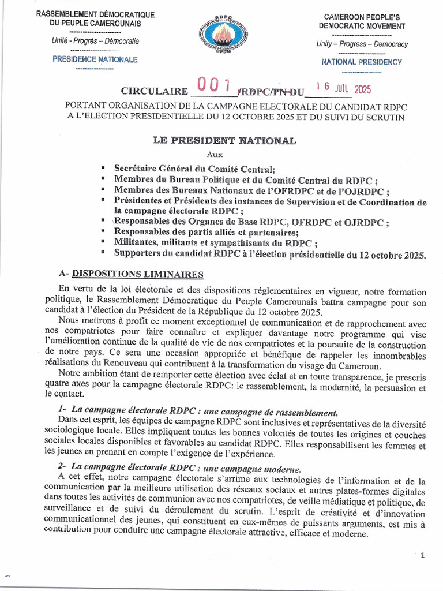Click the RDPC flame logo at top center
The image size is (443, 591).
click(222, 34)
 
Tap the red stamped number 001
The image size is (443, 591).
click(213, 86)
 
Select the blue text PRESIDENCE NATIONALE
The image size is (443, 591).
click(95, 59)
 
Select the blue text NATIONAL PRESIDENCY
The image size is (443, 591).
click(362, 62)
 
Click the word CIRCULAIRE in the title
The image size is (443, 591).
click(154, 92)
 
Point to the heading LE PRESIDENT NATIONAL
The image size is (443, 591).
click(224, 140)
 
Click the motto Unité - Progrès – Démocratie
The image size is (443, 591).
click(95, 42)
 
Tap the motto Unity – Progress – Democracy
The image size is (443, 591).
click(362, 44)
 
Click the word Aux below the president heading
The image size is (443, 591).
click(215, 154)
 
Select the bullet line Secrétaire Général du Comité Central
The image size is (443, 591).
click(194, 169)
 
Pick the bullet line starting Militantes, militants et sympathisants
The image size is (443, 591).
click(216, 242)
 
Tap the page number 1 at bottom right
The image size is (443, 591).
click(422, 555)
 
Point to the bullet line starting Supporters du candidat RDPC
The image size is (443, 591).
click(269, 253)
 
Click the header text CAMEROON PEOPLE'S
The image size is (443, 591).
click(362, 17)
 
